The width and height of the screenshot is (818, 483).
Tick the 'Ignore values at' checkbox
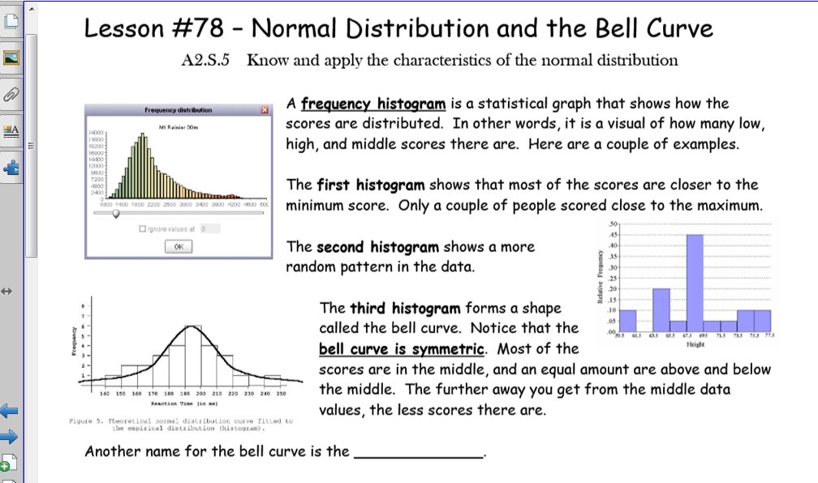(x=143, y=229)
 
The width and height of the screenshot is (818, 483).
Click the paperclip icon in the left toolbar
(x=11, y=94)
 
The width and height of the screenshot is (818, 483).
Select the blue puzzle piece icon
(x=11, y=169)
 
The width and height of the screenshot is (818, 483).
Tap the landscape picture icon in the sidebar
(x=11, y=58)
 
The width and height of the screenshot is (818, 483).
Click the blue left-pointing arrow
(x=10, y=411)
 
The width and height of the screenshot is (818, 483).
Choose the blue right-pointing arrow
(x=10, y=438)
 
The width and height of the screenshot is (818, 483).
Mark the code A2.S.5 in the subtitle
(x=208, y=60)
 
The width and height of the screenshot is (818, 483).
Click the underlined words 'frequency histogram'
(x=372, y=104)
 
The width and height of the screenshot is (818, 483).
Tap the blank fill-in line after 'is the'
(x=419, y=452)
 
